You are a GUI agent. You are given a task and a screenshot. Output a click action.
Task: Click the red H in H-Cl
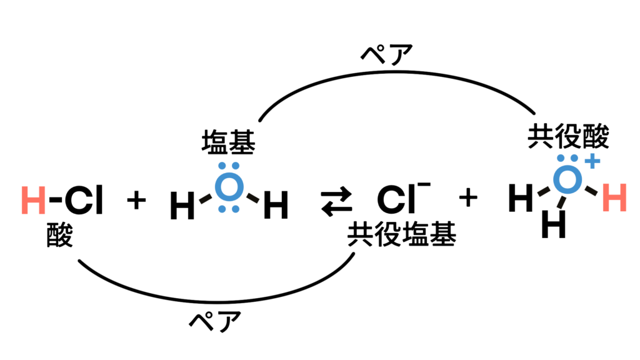33,200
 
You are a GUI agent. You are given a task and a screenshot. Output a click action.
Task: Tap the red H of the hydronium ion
614,197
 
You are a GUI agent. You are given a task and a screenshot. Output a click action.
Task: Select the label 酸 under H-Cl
59,235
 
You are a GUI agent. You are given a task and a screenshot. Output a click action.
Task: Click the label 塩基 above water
229,142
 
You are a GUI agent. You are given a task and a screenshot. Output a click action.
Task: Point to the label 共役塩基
402,235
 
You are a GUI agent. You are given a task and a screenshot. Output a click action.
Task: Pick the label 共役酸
568,136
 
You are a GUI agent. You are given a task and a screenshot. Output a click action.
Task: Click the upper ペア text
386,55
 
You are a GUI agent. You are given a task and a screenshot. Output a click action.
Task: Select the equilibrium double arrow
336,201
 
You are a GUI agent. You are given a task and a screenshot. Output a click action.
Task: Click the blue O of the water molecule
229,186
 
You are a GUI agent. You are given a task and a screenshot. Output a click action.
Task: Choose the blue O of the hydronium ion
567,179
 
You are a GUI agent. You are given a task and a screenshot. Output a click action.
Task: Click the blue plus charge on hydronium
592,162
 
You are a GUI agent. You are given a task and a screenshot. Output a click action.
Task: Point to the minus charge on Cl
424,184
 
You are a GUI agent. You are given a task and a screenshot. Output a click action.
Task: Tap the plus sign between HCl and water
136,201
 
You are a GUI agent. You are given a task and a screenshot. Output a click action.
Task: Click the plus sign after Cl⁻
468,198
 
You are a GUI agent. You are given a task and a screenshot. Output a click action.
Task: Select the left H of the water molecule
182,205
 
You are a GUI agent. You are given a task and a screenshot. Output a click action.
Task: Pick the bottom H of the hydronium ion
554,224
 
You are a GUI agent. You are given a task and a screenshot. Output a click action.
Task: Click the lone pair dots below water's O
229,209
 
